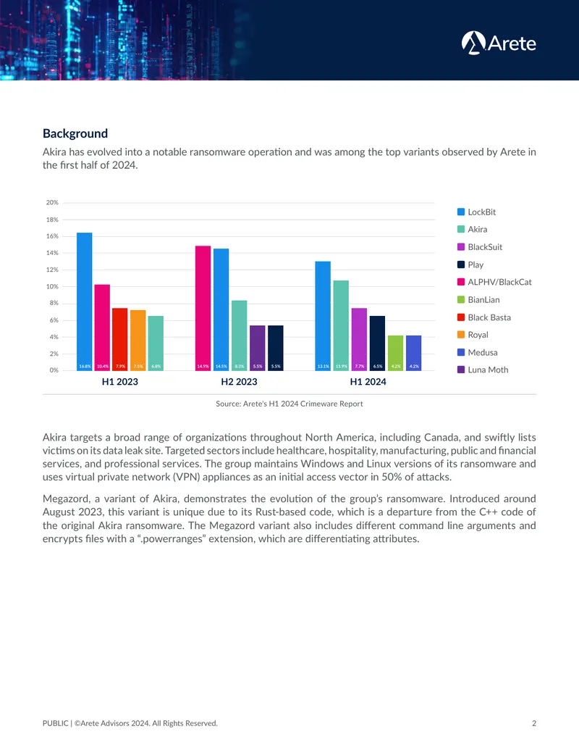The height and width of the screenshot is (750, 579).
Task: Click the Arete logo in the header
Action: pyautogui.click(x=498, y=43)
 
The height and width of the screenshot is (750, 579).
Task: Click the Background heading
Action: pyautogui.click(x=75, y=133)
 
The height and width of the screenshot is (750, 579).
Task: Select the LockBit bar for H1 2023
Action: pyautogui.click(x=85, y=301)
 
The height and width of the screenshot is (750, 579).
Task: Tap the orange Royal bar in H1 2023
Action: pyautogui.click(x=138, y=340)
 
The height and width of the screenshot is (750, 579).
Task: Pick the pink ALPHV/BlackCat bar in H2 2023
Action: pyautogui.click(x=203, y=308)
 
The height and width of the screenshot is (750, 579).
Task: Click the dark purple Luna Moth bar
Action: pyautogui.click(x=258, y=348)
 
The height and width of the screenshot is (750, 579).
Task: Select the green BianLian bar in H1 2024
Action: pyautogui.click(x=396, y=353)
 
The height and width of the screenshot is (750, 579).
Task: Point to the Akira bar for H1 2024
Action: pyautogui.click(x=341, y=325)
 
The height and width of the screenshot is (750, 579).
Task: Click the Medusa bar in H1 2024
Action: pyautogui.click(x=414, y=353)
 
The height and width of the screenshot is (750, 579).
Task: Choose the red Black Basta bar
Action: pyautogui.click(x=120, y=339)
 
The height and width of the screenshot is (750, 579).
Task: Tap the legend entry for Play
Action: pyautogui.click(x=470, y=264)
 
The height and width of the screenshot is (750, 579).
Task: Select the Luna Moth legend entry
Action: pyautogui.click(x=483, y=370)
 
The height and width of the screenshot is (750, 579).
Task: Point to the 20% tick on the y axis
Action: pyautogui.click(x=52, y=202)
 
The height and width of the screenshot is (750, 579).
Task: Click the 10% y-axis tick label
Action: pyautogui.click(x=52, y=286)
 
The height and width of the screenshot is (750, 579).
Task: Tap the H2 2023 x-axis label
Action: pyautogui.click(x=239, y=382)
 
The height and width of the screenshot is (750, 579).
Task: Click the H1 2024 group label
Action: pyautogui.click(x=368, y=382)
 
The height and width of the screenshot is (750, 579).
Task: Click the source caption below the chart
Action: pyautogui.click(x=289, y=404)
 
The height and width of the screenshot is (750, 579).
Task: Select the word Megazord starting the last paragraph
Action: pyautogui.click(x=66, y=499)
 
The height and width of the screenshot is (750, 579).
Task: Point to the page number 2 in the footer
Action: pyautogui.click(x=534, y=723)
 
